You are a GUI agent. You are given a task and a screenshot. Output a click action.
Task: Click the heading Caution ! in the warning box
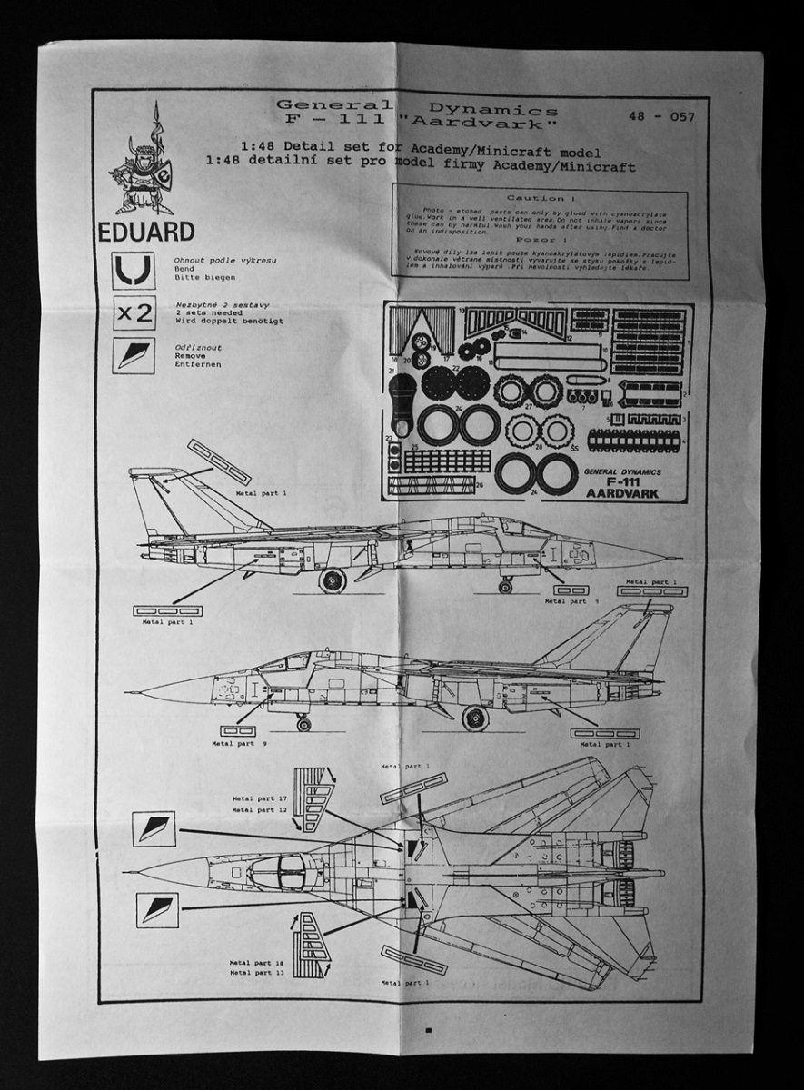[542, 197]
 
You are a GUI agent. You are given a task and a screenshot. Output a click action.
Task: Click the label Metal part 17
[260, 797]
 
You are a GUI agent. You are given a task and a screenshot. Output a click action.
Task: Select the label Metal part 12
[260, 808]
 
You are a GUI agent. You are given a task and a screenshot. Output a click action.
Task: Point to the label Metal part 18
[258, 961]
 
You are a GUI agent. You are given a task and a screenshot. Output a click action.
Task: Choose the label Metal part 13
[258, 972]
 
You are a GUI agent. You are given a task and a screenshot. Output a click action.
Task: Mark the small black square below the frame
[427, 1029]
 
